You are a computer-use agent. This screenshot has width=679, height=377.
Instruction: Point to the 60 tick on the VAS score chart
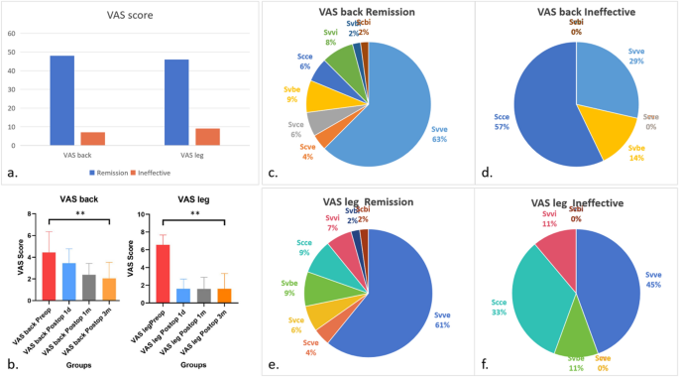(11, 33)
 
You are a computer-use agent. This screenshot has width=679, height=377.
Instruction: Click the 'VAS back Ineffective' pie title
(577, 12)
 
